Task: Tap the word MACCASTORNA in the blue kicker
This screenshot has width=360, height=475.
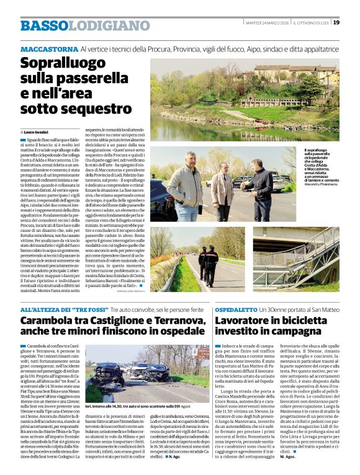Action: point(48,48)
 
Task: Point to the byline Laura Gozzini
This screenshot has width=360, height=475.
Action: point(35,133)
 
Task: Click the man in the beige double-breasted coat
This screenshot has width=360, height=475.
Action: point(185,185)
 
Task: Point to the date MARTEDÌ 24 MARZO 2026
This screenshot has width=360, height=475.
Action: point(268,23)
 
